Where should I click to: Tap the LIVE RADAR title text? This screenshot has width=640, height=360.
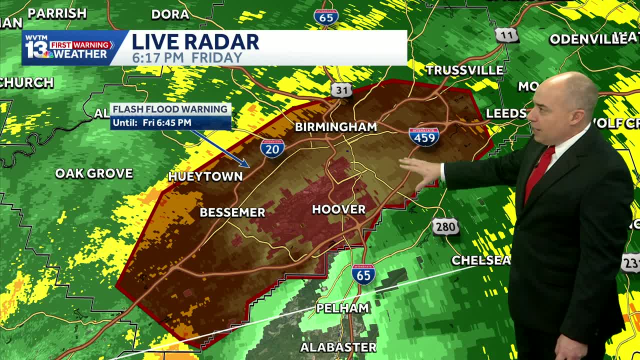(195, 42)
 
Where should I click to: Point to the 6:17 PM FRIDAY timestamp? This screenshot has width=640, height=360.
(187, 57)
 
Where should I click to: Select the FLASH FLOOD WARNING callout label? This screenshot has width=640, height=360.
(170, 109)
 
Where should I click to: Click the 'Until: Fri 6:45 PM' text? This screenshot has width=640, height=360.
(152, 122)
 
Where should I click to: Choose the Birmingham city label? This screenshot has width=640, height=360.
(335, 127)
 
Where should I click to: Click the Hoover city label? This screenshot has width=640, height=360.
(338, 209)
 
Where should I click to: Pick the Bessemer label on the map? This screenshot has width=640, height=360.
(232, 212)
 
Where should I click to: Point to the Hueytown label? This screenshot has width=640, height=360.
(205, 176)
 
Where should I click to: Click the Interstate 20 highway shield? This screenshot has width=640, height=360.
(272, 148)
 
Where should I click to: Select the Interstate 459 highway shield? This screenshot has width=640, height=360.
(424, 136)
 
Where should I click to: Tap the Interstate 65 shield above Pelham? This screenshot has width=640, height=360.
(363, 274)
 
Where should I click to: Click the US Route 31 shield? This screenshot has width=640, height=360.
(341, 90)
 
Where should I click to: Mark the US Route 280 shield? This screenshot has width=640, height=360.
(445, 226)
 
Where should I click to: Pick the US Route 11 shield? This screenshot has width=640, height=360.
(506, 35)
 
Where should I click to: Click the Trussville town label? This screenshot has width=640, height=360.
(464, 70)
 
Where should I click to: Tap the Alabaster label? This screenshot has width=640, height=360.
(338, 347)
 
